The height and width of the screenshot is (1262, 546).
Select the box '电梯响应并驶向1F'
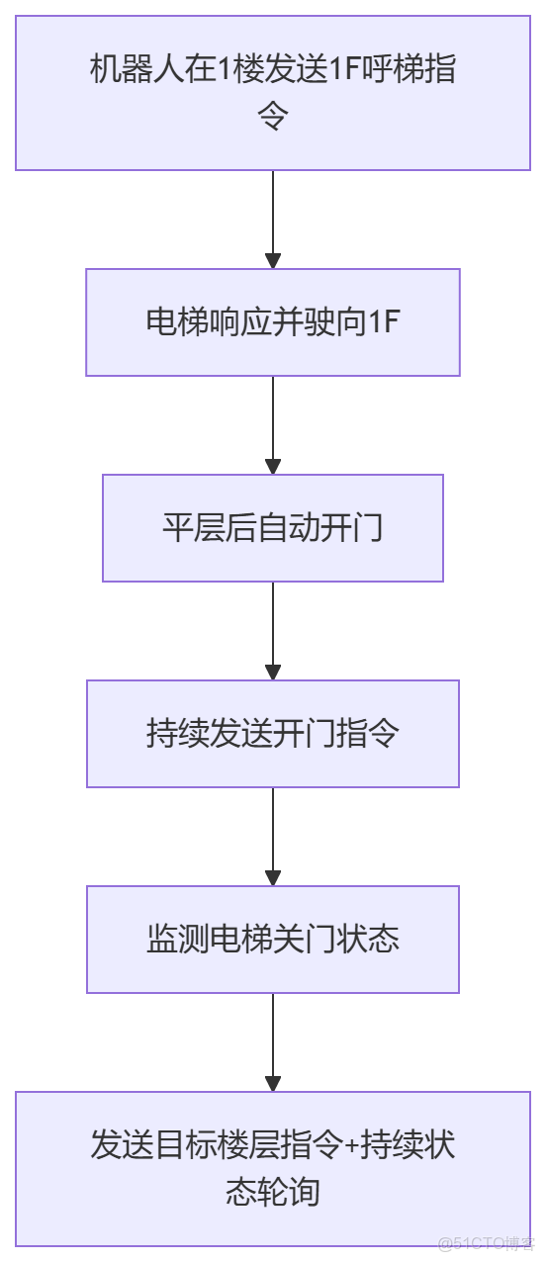(273, 322)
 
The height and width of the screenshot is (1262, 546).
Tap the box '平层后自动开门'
(273, 528)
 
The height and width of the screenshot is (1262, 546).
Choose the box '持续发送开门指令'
(273, 734)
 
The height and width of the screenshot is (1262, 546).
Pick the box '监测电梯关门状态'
(273, 940)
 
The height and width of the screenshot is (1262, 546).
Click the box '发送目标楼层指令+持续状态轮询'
(273, 1168)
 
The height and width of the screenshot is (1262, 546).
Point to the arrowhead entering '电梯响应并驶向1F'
(273, 261)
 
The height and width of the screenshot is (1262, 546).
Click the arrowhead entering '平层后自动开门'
(273, 467)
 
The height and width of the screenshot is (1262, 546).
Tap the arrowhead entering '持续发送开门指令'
(273, 673)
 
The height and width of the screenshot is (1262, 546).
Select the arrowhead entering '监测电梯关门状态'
(273, 878)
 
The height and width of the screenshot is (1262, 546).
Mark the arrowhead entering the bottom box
(273, 1084)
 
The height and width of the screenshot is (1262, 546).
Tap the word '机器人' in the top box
(137, 72)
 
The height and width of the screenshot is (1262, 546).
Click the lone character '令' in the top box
(273, 118)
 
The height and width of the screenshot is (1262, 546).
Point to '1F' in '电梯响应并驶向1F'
(383, 322)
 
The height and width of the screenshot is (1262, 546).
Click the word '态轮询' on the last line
(273, 1191)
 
